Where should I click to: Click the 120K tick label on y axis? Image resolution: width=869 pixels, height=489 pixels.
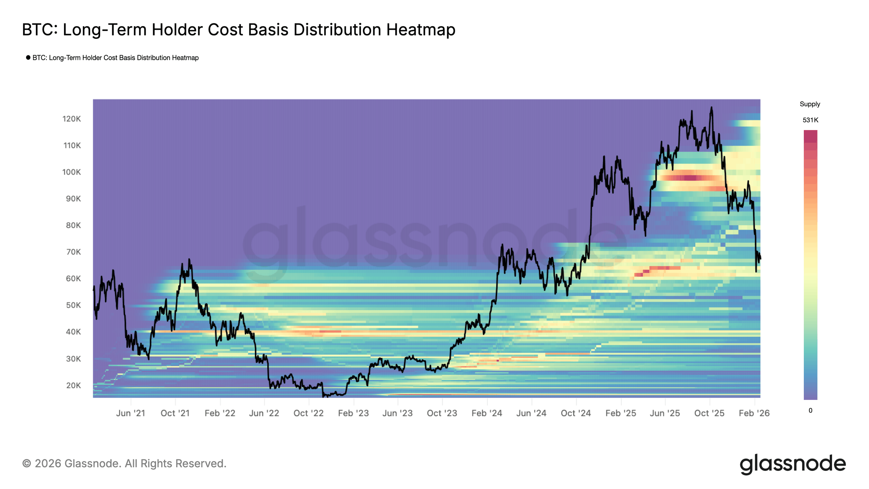pyautogui.click(x=71, y=119)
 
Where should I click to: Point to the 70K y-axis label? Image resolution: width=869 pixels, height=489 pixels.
pyautogui.click(x=73, y=252)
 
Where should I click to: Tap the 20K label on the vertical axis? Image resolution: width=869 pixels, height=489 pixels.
pyautogui.click(x=73, y=385)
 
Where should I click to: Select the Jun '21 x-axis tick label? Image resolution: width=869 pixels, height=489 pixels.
pyautogui.click(x=130, y=413)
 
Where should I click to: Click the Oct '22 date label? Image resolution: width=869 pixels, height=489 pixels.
pyautogui.click(x=308, y=413)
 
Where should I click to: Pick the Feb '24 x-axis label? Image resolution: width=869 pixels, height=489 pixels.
pyautogui.click(x=487, y=413)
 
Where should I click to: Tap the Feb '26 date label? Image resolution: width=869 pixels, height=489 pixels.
pyautogui.click(x=754, y=413)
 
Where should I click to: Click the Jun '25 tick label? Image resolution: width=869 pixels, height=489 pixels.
pyautogui.click(x=665, y=413)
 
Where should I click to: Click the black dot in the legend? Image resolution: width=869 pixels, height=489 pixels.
pyautogui.click(x=28, y=58)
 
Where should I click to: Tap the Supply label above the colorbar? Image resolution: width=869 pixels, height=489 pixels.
pyautogui.click(x=810, y=104)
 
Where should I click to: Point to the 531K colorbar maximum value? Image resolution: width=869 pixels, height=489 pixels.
pyautogui.click(x=810, y=120)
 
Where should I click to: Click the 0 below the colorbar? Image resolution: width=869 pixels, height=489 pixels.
pyautogui.click(x=810, y=410)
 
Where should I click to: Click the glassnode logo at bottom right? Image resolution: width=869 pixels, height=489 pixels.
pyautogui.click(x=792, y=464)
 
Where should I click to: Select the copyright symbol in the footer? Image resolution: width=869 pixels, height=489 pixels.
pyautogui.click(x=26, y=464)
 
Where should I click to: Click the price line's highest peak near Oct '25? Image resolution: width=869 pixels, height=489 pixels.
pyautogui.click(x=711, y=107)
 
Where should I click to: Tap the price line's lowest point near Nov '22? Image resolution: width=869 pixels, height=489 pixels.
pyautogui.click(x=324, y=396)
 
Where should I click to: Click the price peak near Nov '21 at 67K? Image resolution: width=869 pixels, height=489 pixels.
pyautogui.click(x=189, y=259)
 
